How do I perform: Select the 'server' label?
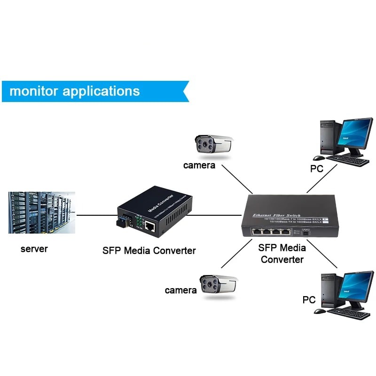[34, 249]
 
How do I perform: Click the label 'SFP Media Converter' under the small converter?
[149, 251]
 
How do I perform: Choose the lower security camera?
[219, 284]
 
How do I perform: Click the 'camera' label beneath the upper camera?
[199, 165]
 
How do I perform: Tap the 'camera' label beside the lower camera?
[180, 290]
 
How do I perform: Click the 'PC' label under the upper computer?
[317, 168]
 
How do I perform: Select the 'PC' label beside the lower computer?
[309, 299]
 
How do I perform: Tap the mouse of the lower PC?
[320, 311]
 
